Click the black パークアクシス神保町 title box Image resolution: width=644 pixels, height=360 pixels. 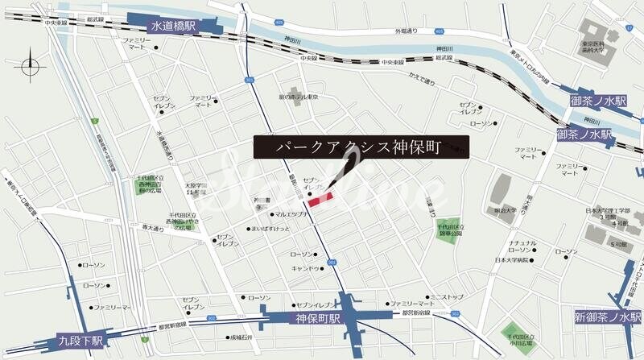point(360,147)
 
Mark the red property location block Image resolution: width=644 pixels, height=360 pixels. point(320,201)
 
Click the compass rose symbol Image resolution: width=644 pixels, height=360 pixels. point(31,64)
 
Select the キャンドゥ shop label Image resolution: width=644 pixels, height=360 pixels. point(306,268)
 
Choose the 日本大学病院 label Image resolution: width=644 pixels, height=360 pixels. point(512,261)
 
